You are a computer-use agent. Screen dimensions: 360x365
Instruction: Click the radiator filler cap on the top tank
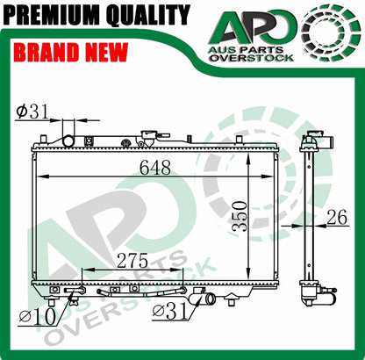[146, 140]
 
